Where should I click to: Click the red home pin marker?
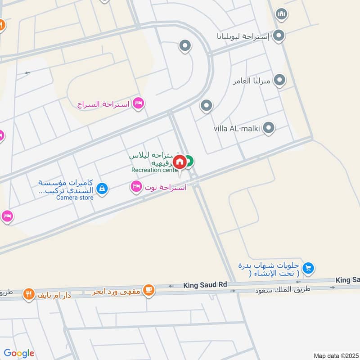(180, 162)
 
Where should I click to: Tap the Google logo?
(19, 353)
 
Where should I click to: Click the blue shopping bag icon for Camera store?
(103, 188)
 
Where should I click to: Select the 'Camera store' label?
(75, 198)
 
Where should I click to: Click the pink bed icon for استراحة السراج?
(139, 103)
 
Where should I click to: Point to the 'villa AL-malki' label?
(237, 129)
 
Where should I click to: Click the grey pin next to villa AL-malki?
(269, 128)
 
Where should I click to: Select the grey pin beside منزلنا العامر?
(279, 81)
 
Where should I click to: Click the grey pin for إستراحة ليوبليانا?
(279, 36)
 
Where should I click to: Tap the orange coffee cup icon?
(149, 291)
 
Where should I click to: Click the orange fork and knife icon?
(29, 294)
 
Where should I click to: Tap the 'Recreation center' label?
(155, 170)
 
